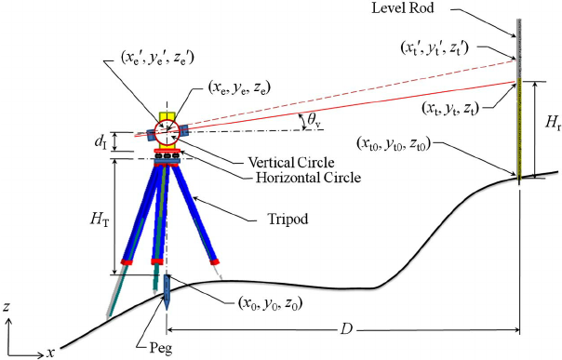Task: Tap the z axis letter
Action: coord(7,306)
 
